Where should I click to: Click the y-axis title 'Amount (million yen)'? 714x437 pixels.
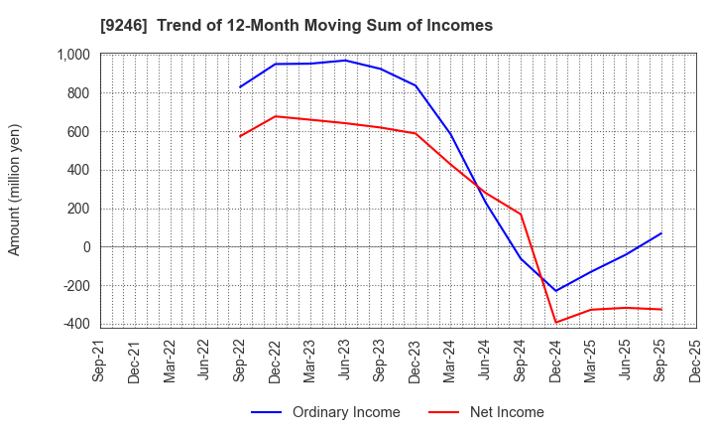point(15,190)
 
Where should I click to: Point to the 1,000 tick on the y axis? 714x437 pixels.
point(72,55)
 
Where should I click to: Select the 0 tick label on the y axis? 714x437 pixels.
point(86,247)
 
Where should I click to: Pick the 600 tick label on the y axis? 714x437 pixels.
point(79,132)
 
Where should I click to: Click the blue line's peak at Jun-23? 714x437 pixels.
point(345,61)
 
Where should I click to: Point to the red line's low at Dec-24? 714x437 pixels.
point(555,322)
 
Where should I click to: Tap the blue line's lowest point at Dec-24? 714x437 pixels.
point(555,291)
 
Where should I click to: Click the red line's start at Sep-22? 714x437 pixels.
point(240,136)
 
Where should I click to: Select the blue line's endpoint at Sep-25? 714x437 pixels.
point(660,233)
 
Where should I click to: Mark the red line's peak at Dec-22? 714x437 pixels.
point(276,116)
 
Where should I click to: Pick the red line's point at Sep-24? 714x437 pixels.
point(521,214)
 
